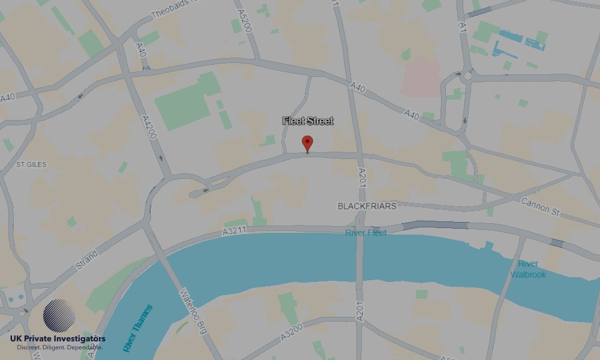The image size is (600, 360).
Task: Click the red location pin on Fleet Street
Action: click(307, 143)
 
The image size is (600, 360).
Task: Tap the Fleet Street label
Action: click(308, 121)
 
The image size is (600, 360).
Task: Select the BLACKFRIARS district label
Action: click(367, 206)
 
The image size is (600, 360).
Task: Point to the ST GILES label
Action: click(31, 164)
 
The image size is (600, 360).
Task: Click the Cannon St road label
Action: click(539, 208)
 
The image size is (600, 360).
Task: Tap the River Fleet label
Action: click(366, 233)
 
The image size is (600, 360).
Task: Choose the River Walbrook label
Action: click(529, 269)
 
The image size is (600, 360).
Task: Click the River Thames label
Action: click(137, 328)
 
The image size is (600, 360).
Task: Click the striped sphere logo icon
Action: click(59, 316)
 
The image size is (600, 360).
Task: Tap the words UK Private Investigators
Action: click(58, 339)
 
